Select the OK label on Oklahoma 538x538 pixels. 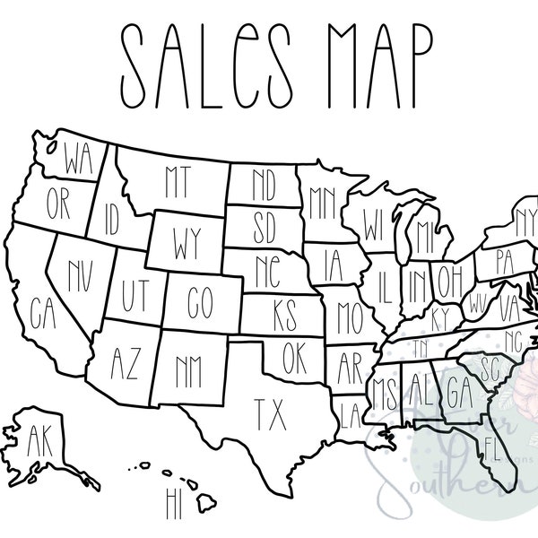coord(293,359)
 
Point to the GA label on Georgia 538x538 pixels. coord(459,392)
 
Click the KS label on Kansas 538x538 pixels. coord(283,316)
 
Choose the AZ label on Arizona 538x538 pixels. coord(125,361)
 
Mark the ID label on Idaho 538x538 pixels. coord(111,218)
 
